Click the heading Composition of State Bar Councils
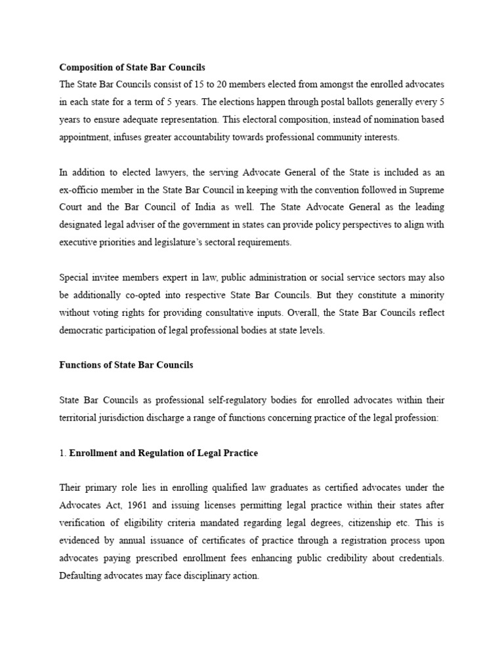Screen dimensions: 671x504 click(132, 67)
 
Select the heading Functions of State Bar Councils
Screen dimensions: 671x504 click(126, 365)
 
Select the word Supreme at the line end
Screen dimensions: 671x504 click(427, 190)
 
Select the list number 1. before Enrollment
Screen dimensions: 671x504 click(63, 453)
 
